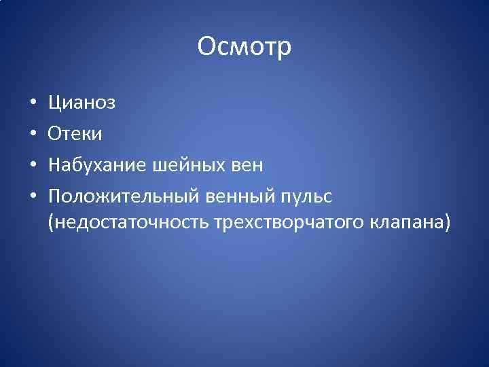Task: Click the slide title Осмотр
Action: click(x=244, y=47)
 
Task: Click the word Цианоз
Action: click(x=81, y=103)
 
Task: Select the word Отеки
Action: click(x=75, y=134)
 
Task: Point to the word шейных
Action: click(x=189, y=165)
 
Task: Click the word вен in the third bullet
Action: click(x=247, y=165)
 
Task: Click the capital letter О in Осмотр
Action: click(x=206, y=47)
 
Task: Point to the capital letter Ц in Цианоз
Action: click(x=55, y=103)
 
